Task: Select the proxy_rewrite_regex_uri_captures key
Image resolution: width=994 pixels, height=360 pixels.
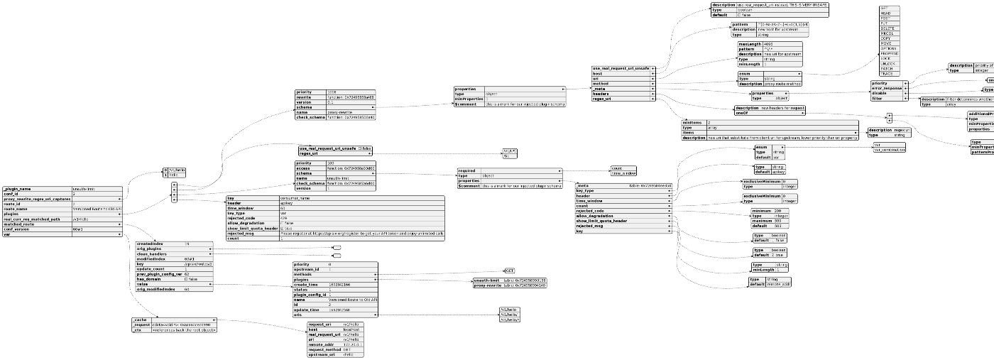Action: coord(35,199)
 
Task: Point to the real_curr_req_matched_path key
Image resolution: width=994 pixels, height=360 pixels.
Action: coord(31,219)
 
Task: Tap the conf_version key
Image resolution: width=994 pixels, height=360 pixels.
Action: coord(18,229)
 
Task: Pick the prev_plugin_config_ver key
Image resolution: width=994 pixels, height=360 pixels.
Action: coord(159,274)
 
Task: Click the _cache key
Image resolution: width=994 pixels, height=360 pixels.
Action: coord(139,320)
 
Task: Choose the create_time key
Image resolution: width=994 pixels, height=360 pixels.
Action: coord(307,284)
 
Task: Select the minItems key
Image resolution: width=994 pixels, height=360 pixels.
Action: coord(691,122)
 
